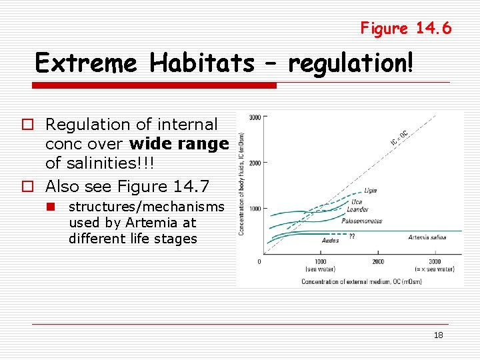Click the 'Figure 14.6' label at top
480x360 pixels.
(405, 28)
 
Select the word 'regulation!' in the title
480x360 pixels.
(351, 63)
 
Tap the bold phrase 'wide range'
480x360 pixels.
(179, 144)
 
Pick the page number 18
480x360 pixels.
(438, 335)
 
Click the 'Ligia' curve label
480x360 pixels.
(370, 191)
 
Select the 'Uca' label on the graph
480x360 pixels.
(357, 202)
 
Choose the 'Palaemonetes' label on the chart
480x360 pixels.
(361, 221)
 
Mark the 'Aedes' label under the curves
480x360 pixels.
(330, 241)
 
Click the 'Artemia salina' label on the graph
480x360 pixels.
(427, 237)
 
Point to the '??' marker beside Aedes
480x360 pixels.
(351, 237)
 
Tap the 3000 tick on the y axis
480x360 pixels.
(255, 118)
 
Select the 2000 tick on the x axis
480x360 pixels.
(377, 261)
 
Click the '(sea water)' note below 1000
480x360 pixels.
(320, 269)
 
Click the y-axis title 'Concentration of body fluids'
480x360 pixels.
(241, 183)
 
